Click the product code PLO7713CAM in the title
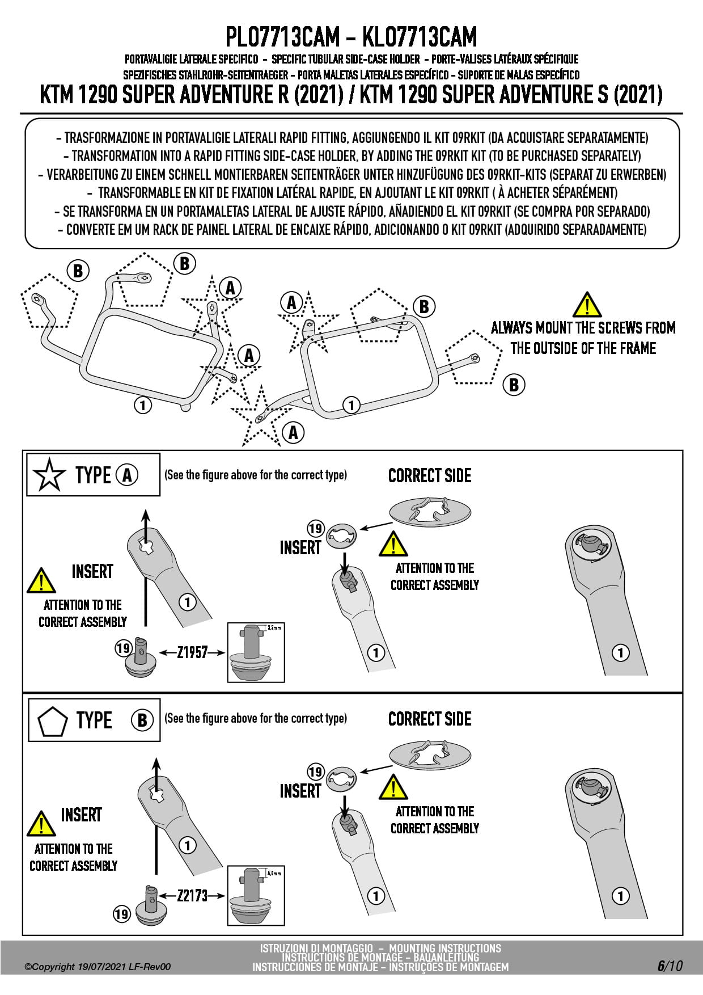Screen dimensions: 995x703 [x=282, y=37]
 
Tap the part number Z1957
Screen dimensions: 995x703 [x=192, y=652]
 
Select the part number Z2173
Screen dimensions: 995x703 [x=192, y=896]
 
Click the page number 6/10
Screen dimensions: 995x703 [x=670, y=966]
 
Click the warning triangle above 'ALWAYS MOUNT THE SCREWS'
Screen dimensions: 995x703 [x=587, y=305]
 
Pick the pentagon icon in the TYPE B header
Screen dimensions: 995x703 [x=53, y=720]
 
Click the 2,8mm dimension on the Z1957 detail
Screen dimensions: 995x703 [x=274, y=628]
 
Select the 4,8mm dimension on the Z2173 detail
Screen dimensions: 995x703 [x=274, y=873]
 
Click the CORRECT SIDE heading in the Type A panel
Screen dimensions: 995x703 [x=430, y=475]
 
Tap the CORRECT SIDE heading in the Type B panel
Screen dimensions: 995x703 [x=430, y=719]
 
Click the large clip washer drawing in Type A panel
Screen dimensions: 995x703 [x=430, y=512]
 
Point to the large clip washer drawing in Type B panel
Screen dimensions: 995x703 [x=430, y=756]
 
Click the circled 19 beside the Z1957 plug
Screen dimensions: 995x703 [x=124, y=648]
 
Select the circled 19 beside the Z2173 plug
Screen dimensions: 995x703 [x=121, y=914]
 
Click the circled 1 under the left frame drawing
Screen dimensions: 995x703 [x=143, y=405]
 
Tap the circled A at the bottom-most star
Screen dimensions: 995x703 [x=293, y=433]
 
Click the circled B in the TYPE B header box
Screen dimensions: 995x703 [x=142, y=720]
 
